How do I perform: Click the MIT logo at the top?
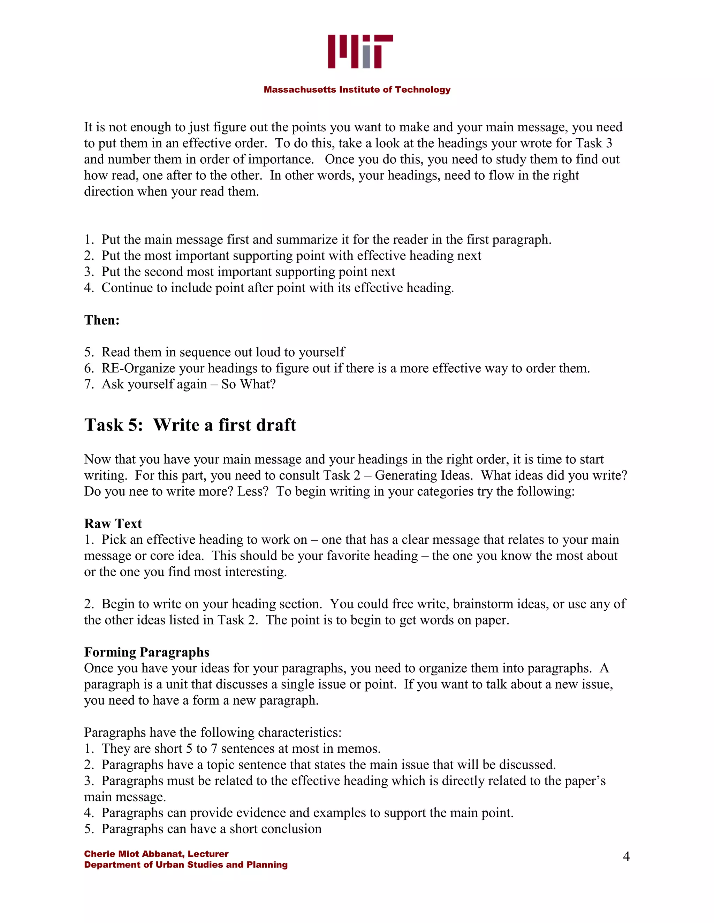360,52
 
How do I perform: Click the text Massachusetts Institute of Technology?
357,90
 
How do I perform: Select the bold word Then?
102,320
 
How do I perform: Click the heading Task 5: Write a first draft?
190,425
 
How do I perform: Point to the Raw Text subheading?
113,523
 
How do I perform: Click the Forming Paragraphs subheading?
146,652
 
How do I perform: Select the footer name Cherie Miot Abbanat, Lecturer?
156,854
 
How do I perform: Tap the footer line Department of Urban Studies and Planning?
186,865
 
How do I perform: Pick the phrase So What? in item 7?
248,384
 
